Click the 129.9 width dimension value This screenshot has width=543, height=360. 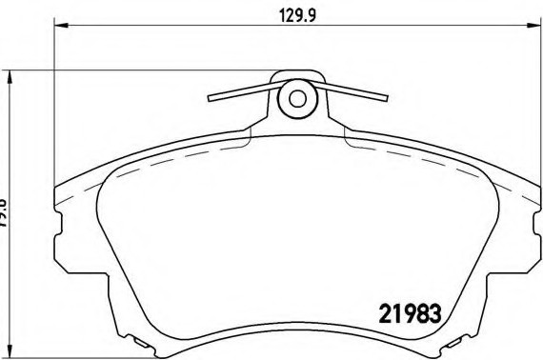pyautogui.click(x=296, y=13)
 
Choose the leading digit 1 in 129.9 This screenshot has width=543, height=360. pyautogui.click(x=279, y=13)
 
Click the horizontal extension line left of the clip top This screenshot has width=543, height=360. pyautogui.click(x=143, y=70)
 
